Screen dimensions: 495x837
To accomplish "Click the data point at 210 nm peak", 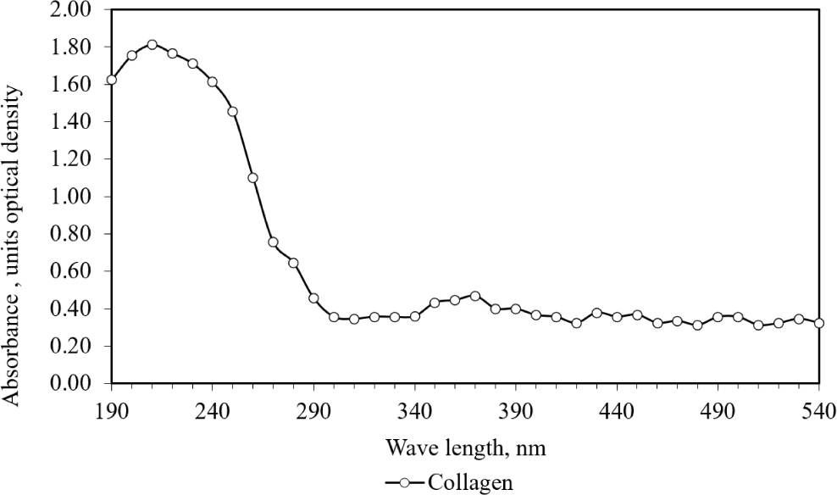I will click(x=152, y=45).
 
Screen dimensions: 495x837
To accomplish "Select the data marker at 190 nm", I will click(x=111, y=80).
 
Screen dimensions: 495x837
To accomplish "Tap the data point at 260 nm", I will click(x=252, y=177).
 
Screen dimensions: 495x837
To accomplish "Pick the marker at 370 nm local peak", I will click(x=475, y=296).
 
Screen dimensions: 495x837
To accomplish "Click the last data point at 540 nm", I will click(x=819, y=323).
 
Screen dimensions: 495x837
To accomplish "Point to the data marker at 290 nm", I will click(x=313, y=298).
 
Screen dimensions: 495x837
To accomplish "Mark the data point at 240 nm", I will click(x=213, y=82).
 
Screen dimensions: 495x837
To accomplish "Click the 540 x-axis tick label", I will click(x=819, y=409).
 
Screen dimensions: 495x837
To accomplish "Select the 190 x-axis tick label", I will click(x=111, y=409).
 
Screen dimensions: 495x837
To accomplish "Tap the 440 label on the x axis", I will click(x=617, y=409).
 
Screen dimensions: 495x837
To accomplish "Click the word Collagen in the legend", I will click(x=470, y=482).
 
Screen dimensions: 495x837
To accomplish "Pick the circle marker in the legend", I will click(x=405, y=482).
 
